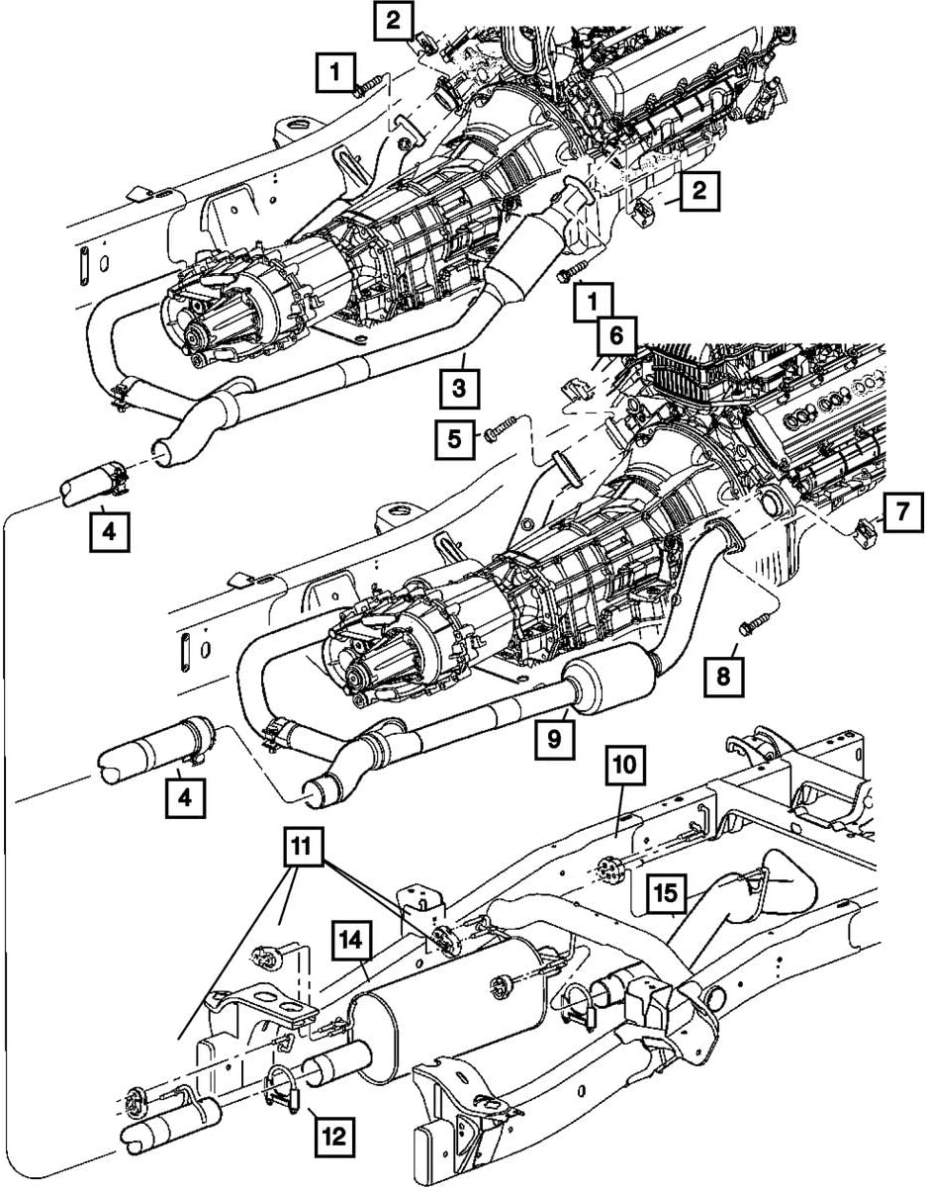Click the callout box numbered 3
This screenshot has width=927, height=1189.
click(459, 388)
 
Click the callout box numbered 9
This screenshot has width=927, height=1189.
click(556, 738)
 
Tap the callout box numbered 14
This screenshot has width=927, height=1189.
click(351, 937)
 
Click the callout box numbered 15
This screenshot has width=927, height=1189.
click(665, 893)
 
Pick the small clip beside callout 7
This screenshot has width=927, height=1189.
click(860, 531)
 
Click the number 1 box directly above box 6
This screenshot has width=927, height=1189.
click(596, 298)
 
